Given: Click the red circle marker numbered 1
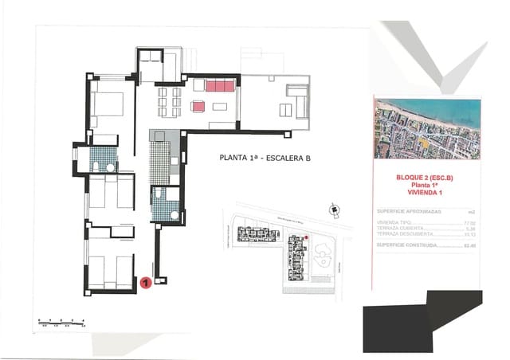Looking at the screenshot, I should tap(146, 281).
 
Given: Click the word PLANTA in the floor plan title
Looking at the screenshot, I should tap(236, 158).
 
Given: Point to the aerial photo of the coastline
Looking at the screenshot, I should tap(427, 128).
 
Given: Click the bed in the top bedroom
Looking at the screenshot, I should tap(107, 106).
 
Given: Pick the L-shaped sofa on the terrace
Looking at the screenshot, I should tap(296, 100).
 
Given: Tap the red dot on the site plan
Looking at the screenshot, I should tap(307, 237).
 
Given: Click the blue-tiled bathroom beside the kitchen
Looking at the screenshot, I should tap(167, 204).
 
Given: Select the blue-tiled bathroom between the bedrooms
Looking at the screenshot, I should tap(103, 158).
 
